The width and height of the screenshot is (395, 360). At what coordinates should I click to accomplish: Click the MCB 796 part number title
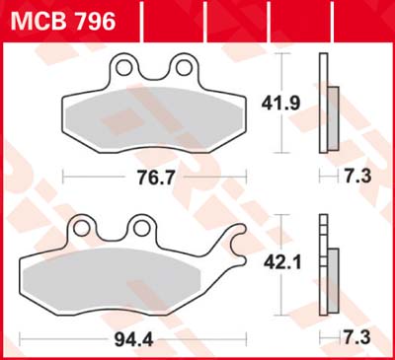[61, 19]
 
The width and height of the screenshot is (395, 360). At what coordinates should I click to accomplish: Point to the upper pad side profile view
[326, 106]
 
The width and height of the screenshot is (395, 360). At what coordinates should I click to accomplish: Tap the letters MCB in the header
[38, 19]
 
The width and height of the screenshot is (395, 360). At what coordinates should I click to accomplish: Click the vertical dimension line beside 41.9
[285, 104]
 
